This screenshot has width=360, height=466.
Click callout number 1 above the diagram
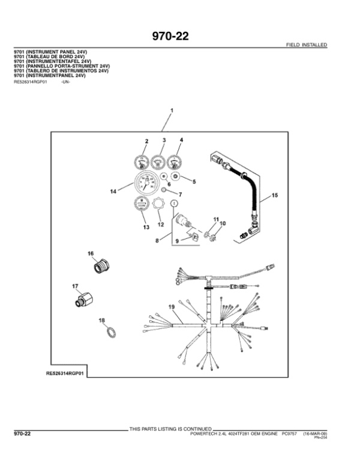(172, 111)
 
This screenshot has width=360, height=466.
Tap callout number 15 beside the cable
(275, 196)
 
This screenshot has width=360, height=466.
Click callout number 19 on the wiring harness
(171, 307)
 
